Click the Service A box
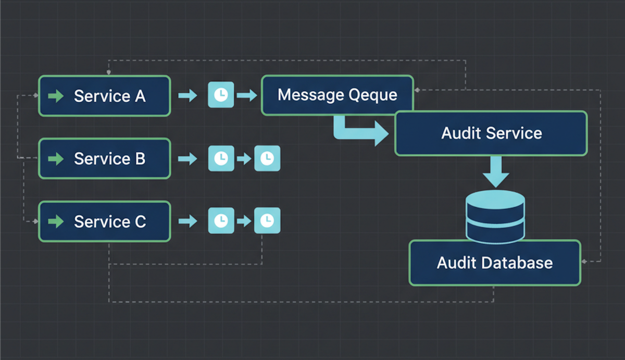(105, 96)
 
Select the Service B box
(105, 158)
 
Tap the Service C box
(105, 221)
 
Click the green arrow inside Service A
(55, 96)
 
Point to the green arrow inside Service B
(55, 158)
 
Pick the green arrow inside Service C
(55, 221)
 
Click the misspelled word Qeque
(373, 95)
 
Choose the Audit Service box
(491, 133)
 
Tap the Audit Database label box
(494, 263)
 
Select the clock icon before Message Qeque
(221, 95)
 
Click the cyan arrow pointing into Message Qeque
(247, 95)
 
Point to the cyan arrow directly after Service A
(187, 95)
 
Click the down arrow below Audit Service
(494, 172)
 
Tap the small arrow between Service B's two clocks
(244, 158)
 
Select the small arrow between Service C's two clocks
(244, 221)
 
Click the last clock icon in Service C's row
(267, 221)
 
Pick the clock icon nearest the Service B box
(221, 158)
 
